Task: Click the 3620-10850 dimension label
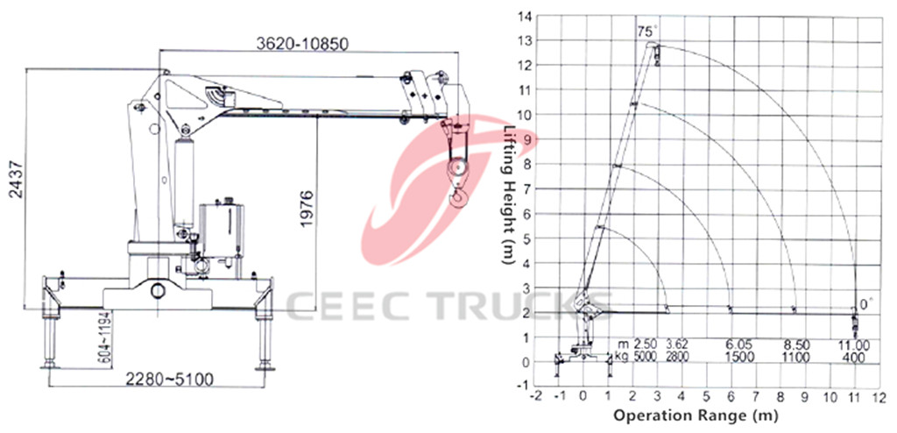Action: tap(301, 44)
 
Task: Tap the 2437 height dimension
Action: tap(17, 180)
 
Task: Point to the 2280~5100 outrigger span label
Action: tap(169, 379)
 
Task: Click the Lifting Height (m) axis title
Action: tap(508, 195)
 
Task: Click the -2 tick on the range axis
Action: tap(536, 396)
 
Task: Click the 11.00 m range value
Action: tap(855, 344)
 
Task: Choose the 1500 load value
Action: tap(741, 357)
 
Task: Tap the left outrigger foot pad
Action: tap(50, 366)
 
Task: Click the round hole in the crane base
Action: tap(158, 290)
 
